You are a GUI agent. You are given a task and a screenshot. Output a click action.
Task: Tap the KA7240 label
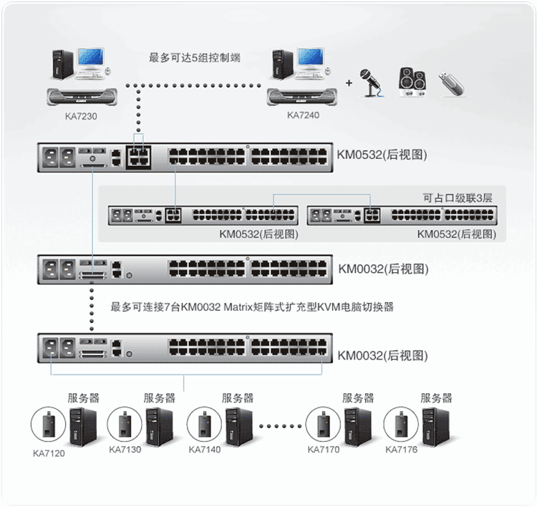pos(303,114)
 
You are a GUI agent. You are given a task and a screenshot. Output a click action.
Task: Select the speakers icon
pos(411,82)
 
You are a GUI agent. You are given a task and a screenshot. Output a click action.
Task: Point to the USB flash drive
pos(453,83)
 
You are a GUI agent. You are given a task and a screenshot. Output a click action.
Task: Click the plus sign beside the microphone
pos(349,83)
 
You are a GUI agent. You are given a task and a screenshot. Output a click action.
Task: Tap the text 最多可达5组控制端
pos(193,57)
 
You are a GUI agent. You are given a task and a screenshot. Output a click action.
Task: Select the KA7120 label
pos(49,453)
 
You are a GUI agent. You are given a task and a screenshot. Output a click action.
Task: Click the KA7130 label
pos(125,450)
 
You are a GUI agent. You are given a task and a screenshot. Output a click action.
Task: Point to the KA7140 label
pos(205,450)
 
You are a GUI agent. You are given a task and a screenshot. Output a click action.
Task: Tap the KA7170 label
pos(324,450)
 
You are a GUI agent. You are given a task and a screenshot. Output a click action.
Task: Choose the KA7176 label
pos(402,450)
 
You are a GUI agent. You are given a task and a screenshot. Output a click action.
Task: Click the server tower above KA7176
pos(436,427)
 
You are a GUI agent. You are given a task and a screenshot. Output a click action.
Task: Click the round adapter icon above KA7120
pos(49,425)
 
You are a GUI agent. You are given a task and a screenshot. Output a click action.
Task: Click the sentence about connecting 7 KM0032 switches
pos(252,307)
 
